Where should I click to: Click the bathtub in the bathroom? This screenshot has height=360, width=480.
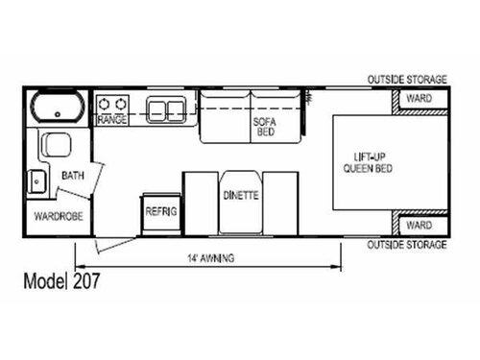tap(57, 107)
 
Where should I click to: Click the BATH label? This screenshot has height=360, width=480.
tap(72, 177)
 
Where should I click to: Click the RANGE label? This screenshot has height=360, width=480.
tap(112, 121)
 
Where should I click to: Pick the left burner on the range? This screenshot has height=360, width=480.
tap(106, 104)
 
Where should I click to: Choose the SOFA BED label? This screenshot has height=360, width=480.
tap(264, 126)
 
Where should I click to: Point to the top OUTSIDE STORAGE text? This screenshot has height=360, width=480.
tap(407, 81)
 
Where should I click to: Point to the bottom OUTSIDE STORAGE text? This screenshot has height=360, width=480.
tap(407, 245)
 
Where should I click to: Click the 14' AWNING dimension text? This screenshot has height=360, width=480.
tap(211, 258)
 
